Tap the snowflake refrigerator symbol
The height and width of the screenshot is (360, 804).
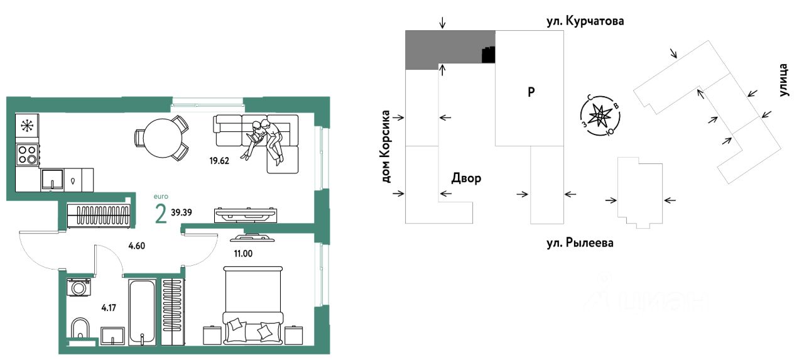pyautogui.click(x=27, y=125)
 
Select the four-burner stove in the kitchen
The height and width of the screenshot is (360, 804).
pyautogui.click(x=27, y=154)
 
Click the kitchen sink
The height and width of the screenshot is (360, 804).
pyautogui.click(x=52, y=180)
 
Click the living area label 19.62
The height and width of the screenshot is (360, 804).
pyautogui.click(x=219, y=160)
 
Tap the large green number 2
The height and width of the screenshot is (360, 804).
pyautogui.click(x=161, y=214)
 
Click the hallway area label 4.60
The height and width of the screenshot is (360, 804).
pyautogui.click(x=138, y=246)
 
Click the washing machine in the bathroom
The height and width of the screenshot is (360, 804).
pyautogui.click(x=79, y=288)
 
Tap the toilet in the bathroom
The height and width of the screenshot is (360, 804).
pyautogui.click(x=80, y=330)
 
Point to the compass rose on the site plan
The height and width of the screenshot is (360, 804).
pyautogui.click(x=601, y=116)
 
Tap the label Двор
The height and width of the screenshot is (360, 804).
pyautogui.click(x=466, y=178)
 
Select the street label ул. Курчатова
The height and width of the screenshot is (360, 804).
pyautogui.click(x=585, y=22)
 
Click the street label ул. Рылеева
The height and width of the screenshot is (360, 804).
pyautogui.click(x=579, y=243)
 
